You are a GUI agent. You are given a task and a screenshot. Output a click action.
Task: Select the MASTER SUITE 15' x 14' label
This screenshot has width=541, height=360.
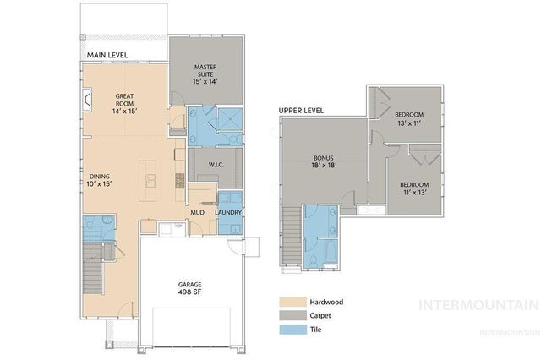point(206,73)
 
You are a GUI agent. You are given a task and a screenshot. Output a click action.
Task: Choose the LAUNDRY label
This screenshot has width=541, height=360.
point(229,212)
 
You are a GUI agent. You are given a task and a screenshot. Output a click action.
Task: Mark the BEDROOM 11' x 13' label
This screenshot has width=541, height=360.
point(413,189)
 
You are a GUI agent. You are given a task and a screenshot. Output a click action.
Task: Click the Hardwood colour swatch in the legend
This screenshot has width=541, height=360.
point(293,301)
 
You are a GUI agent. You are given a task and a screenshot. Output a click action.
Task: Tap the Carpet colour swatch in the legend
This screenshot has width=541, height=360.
point(293,315)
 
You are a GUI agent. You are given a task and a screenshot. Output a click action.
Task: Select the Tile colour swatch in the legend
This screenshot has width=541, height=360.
point(293,330)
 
